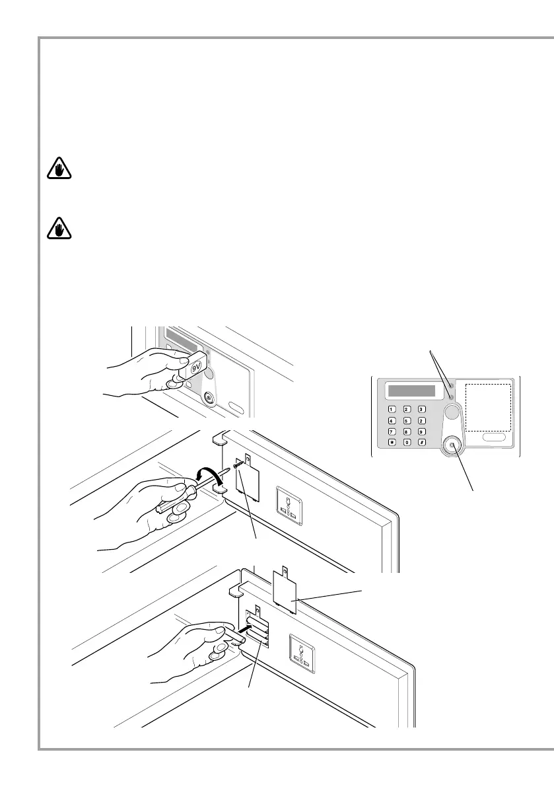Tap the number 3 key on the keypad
pos(421,409)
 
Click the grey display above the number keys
pos(411,391)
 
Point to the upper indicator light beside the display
pos(448,389)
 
